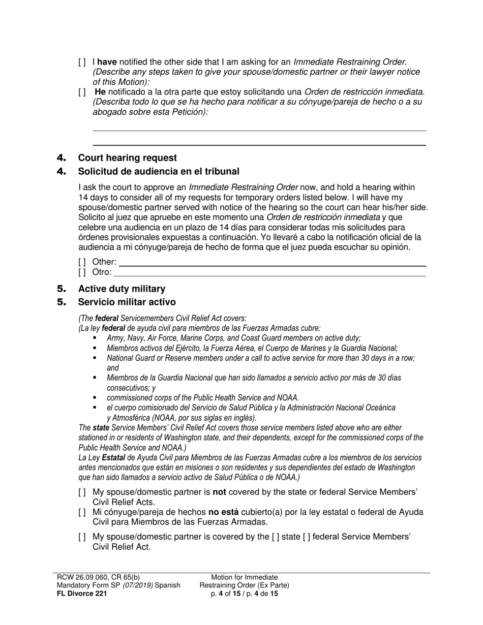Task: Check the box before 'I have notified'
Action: [82, 63]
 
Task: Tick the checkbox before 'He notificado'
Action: [82, 92]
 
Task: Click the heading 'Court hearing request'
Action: [127, 158]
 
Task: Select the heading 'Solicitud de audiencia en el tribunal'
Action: [158, 171]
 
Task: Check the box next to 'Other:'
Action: [82, 262]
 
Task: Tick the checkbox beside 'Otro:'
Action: [82, 272]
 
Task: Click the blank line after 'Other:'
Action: [272, 263]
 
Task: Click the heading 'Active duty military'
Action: [122, 289]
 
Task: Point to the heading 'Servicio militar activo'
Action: [127, 302]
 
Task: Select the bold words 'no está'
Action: [224, 512]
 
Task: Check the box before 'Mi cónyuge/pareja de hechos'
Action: [82, 512]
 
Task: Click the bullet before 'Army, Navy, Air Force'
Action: [95, 338]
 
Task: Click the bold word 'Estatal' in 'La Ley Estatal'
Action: [115, 457]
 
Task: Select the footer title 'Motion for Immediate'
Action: [245, 577]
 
